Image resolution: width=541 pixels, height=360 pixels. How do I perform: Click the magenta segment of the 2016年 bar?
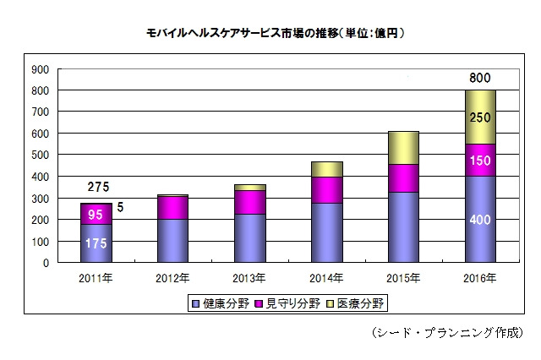pyautogui.click(x=479, y=160)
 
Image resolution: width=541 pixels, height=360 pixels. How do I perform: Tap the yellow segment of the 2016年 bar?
pyautogui.click(x=479, y=117)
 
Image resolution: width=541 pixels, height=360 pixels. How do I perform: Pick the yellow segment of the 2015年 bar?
pyautogui.click(x=403, y=147)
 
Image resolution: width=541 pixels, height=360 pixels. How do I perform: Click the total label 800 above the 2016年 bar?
pyautogui.click(x=480, y=79)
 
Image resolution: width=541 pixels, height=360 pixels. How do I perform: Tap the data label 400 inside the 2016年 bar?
pyautogui.click(x=480, y=220)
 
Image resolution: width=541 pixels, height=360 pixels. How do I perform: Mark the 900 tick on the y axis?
pyautogui.click(x=39, y=68)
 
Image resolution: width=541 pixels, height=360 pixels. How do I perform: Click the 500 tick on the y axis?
pyautogui.click(x=39, y=155)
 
